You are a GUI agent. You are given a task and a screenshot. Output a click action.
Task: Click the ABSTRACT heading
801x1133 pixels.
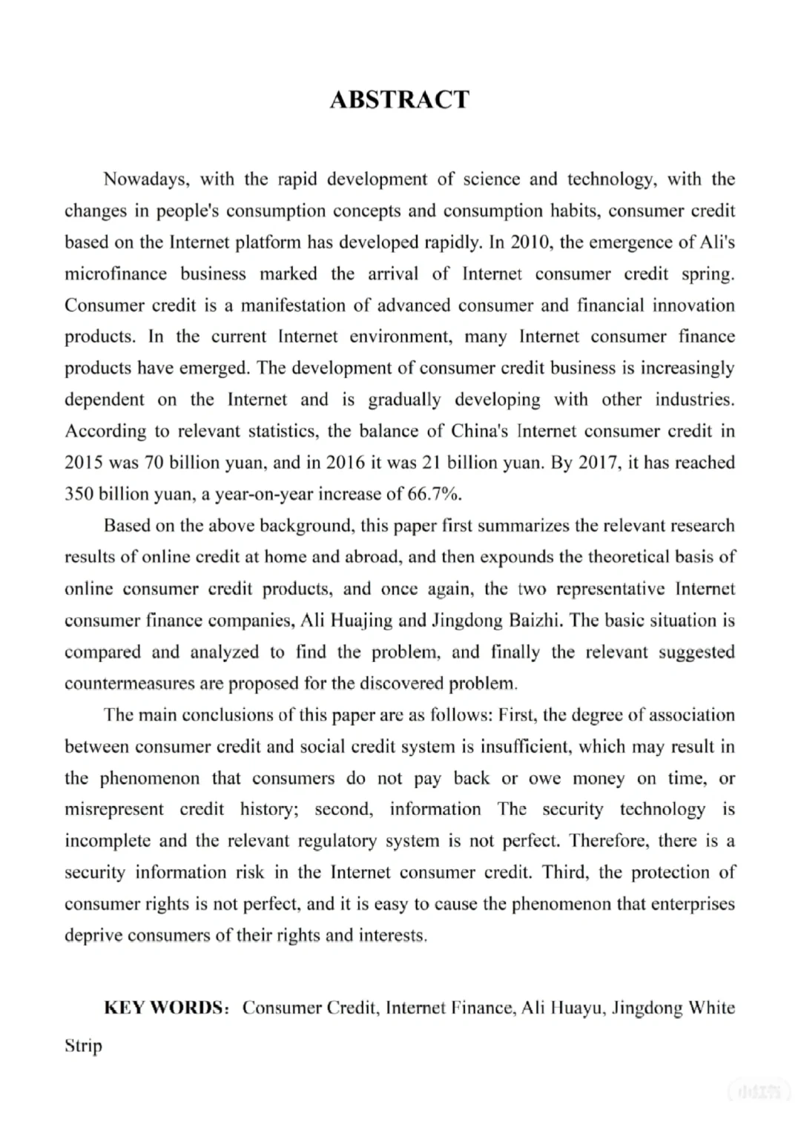click(x=400, y=99)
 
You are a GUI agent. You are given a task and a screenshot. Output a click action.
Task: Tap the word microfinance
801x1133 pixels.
click(x=116, y=274)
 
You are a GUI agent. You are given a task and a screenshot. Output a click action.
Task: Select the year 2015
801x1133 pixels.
click(x=84, y=463)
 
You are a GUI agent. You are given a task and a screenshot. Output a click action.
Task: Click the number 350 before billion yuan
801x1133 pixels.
click(x=79, y=494)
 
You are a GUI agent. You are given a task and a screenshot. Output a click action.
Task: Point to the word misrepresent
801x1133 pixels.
click(x=114, y=810)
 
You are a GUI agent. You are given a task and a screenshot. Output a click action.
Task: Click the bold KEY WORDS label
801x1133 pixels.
click(x=164, y=1008)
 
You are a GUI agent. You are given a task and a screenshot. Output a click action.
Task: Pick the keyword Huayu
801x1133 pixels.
click(x=576, y=1008)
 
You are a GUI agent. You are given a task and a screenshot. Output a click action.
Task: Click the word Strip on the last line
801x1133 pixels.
click(x=83, y=1046)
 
